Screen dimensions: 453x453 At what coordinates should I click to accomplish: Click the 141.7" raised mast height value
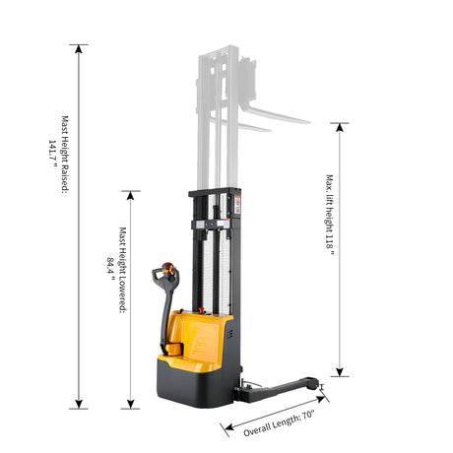click(x=52, y=154)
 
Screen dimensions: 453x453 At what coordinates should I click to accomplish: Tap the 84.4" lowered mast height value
click(x=110, y=269)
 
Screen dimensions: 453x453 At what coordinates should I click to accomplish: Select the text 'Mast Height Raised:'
click(x=65, y=155)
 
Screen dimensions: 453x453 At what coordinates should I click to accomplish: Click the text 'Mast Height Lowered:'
click(x=122, y=270)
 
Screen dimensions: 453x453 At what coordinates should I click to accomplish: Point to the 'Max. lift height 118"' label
click(x=330, y=215)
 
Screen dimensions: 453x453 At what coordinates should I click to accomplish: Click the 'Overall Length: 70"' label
click(x=280, y=423)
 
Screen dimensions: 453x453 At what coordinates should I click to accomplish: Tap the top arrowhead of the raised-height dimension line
click(x=79, y=49)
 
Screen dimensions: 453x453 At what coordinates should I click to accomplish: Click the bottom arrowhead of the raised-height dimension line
click(x=79, y=404)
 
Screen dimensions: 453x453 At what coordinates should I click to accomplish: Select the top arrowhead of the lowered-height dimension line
click(x=130, y=196)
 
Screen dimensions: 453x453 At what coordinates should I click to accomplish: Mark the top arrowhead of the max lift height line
click(x=340, y=128)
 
